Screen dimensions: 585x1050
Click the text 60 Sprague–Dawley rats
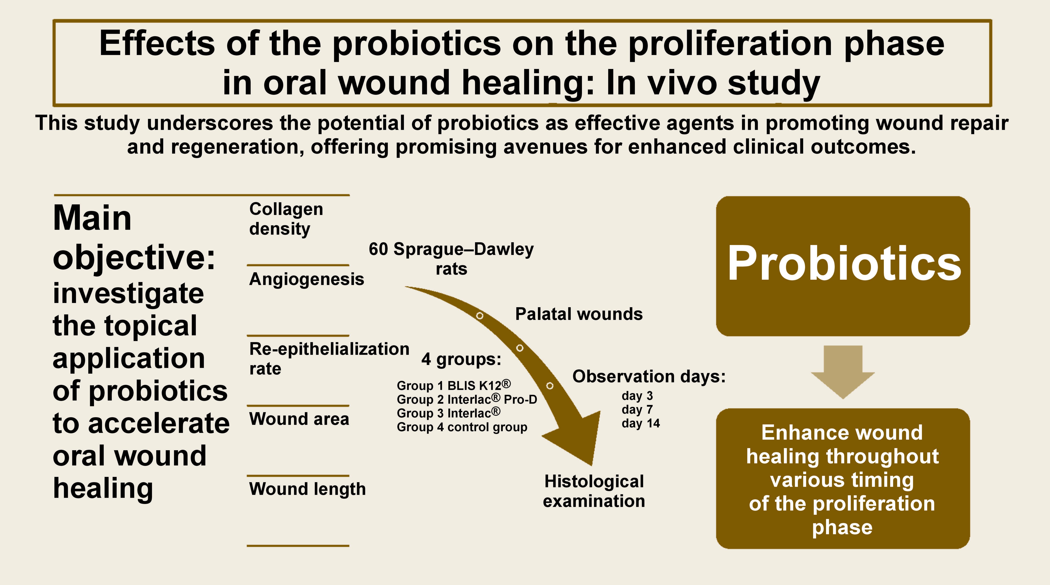[451, 259]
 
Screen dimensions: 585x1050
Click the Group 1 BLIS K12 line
[453, 385]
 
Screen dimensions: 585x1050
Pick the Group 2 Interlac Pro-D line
[467, 399]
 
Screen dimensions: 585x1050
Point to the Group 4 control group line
[462, 427]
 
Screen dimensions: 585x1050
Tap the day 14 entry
[640, 423]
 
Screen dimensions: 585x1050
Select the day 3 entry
[637, 396]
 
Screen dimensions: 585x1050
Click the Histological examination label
[594, 491]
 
